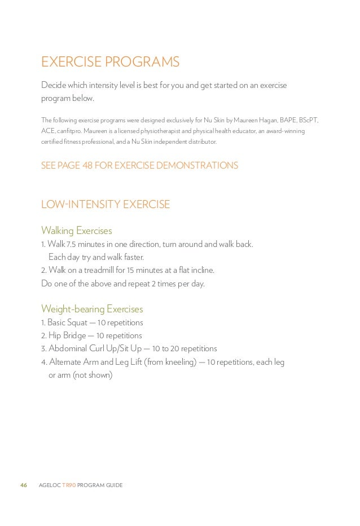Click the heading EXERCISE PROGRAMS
(110, 62)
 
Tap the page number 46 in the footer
(24, 485)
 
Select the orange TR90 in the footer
(67, 485)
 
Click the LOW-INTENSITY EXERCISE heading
(106, 205)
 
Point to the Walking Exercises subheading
(77, 231)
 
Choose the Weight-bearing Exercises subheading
(92, 309)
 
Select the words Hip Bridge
(67, 335)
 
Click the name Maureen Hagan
(260, 120)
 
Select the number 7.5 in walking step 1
(71, 244)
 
